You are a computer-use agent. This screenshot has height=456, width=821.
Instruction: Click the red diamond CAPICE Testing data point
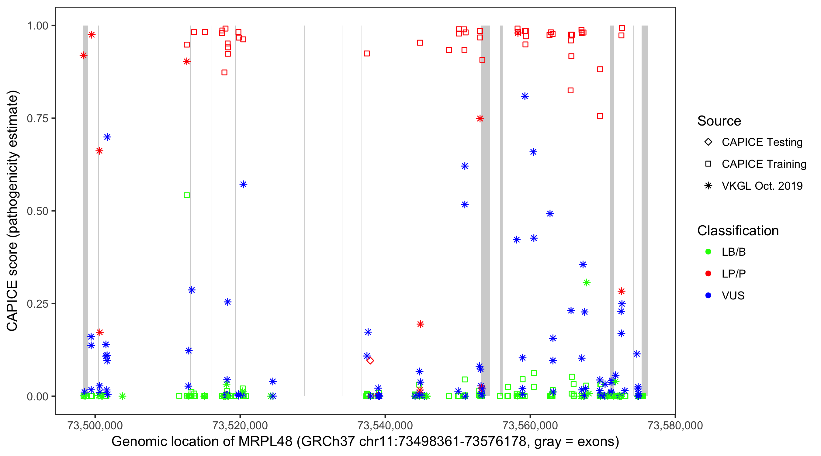(x=370, y=361)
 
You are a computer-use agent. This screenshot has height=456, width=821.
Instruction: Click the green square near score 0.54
(x=187, y=195)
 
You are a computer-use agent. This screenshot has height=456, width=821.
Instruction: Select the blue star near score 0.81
(x=525, y=96)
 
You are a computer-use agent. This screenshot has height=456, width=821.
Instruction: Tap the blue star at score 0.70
(x=107, y=137)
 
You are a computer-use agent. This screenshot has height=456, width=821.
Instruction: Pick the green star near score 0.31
(x=587, y=283)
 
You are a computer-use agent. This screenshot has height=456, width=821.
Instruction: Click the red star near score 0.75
(x=480, y=119)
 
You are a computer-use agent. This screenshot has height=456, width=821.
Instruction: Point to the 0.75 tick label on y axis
(x=37, y=119)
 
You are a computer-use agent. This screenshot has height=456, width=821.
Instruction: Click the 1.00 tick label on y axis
(x=37, y=26)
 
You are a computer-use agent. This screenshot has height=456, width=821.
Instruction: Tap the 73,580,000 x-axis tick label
(x=675, y=425)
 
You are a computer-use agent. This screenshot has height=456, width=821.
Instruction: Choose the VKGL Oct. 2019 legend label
(x=762, y=186)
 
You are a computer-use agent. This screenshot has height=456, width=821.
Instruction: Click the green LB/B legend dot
(x=708, y=252)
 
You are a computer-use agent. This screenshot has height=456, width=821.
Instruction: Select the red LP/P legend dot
(x=708, y=274)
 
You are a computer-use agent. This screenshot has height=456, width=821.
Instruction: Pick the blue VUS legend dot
(x=708, y=296)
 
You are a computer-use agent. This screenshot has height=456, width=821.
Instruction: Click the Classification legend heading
(x=738, y=231)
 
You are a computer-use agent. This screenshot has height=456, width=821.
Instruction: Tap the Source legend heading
(x=719, y=121)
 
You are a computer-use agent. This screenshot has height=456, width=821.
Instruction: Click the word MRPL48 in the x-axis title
(x=265, y=442)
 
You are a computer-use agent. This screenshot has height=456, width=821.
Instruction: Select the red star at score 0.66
(x=99, y=151)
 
